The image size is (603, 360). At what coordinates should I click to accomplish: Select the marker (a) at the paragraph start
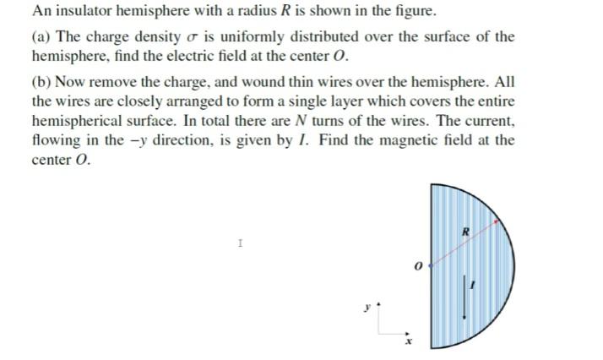41,38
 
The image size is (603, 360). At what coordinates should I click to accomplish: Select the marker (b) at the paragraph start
41,84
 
